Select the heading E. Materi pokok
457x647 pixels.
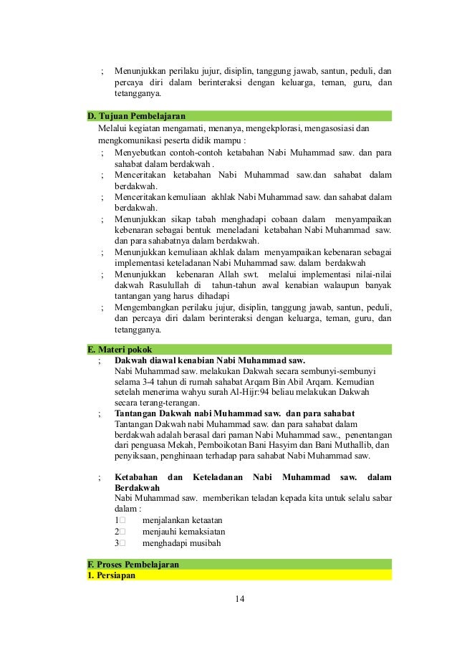[x=119, y=348]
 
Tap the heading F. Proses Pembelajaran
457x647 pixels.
[x=133, y=565]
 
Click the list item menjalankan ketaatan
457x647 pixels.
[x=183, y=519]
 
